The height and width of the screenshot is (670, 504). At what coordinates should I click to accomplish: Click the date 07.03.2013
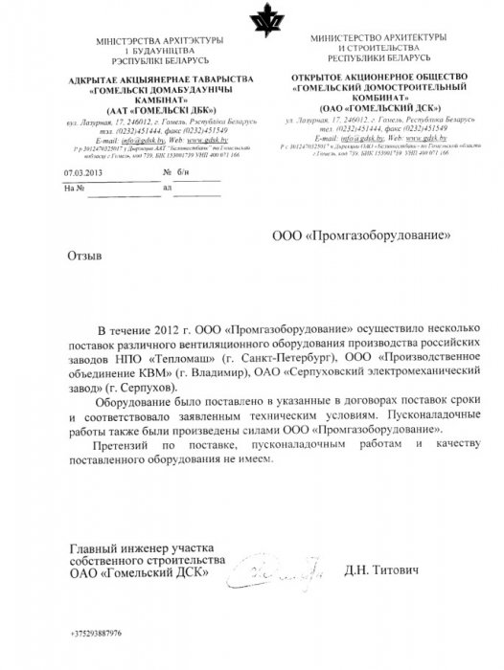pos(80,173)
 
